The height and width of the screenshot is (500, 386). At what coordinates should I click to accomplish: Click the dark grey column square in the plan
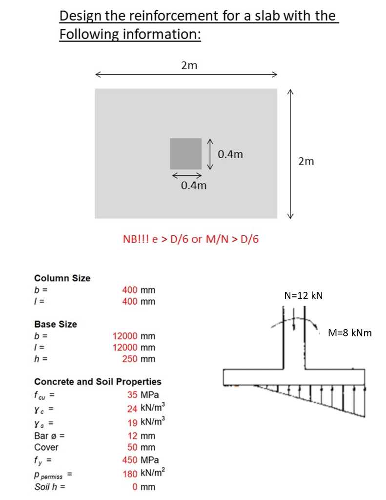click(185, 154)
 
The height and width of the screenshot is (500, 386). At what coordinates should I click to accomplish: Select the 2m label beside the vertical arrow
click(306, 161)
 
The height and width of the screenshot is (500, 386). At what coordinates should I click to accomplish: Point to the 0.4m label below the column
click(193, 186)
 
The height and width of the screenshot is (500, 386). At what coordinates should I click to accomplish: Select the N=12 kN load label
click(303, 295)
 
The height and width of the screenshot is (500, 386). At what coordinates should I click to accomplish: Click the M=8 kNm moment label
click(350, 333)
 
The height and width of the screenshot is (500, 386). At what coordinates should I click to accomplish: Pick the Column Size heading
click(62, 278)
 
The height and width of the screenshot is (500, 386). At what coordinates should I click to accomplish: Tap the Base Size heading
click(55, 324)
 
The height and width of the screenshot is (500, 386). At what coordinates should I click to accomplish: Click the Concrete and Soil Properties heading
click(98, 381)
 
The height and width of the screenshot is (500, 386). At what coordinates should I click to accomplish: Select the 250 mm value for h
click(139, 359)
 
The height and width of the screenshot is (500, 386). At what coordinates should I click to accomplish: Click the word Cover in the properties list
click(46, 447)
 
